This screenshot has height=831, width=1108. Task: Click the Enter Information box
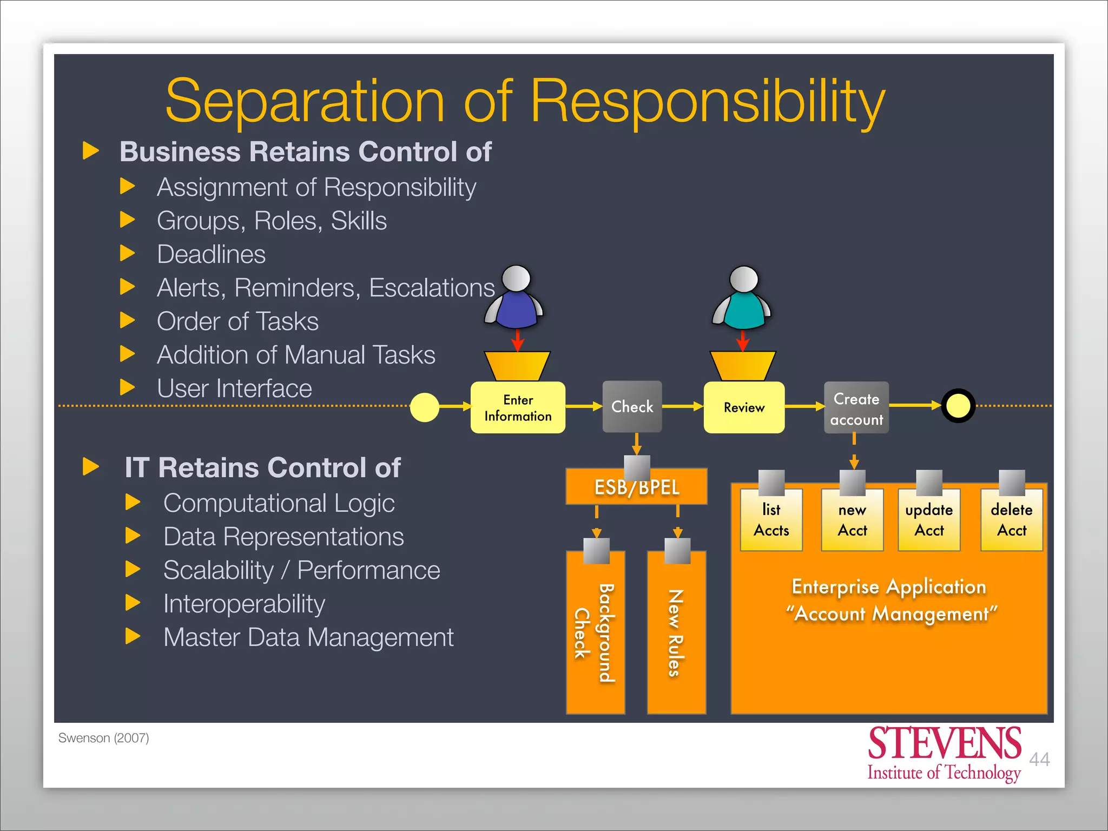518,408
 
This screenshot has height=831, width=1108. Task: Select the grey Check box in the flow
632,407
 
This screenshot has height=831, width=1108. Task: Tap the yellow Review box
744,407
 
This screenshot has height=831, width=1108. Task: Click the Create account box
856,408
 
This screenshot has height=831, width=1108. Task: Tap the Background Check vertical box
596,633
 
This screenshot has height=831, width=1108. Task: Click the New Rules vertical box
676,633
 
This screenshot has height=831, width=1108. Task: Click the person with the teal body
743,300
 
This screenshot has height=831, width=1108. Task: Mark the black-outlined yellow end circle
958,406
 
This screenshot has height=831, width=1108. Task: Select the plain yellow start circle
425,407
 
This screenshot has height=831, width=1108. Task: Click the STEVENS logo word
944,743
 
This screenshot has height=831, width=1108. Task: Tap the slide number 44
1039,760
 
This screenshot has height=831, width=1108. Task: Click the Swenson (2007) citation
103,738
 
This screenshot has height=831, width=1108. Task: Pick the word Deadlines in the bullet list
211,254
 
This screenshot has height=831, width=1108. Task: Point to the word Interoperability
244,604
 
